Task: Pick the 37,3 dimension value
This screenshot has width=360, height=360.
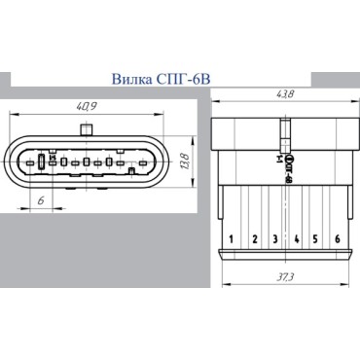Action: tap(285, 279)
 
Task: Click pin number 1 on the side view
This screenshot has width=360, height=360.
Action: tap(232, 238)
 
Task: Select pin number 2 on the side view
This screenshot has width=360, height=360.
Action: tap(253, 238)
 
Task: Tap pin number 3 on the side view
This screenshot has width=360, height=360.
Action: tap(274, 238)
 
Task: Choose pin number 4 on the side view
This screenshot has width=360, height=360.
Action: tap(295, 238)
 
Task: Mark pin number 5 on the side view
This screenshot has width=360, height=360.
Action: tap(315, 238)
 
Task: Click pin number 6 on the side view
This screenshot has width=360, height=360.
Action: tap(337, 238)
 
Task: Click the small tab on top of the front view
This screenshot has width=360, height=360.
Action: tap(86, 130)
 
